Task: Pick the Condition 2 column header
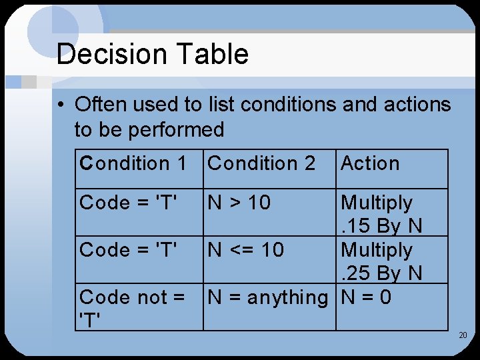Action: point(261,163)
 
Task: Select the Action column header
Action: point(370,163)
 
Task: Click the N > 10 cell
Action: point(240,203)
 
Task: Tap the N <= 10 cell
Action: point(246,250)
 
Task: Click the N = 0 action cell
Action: point(366,297)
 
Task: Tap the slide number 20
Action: point(463,335)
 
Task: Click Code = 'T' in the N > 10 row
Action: point(129,203)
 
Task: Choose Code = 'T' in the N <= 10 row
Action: point(129,250)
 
